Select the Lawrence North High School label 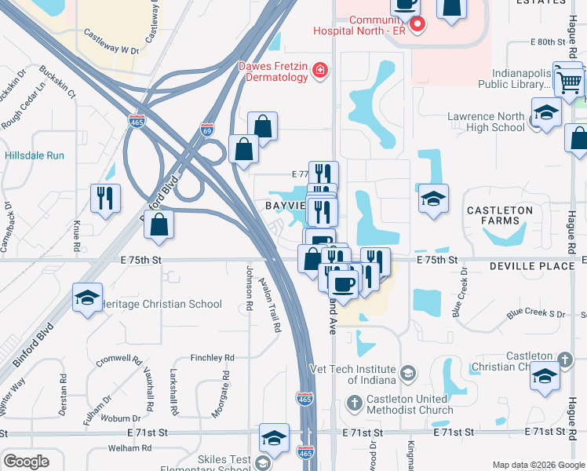tap(486, 122)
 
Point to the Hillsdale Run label tap(34, 155)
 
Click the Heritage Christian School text tap(162, 304)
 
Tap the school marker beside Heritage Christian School tap(87, 298)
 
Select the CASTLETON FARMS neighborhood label tap(499, 215)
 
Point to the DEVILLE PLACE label tap(532, 267)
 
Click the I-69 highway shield tap(207, 128)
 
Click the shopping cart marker tap(569, 80)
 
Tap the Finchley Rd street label tap(212, 357)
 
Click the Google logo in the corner tap(26, 462)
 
